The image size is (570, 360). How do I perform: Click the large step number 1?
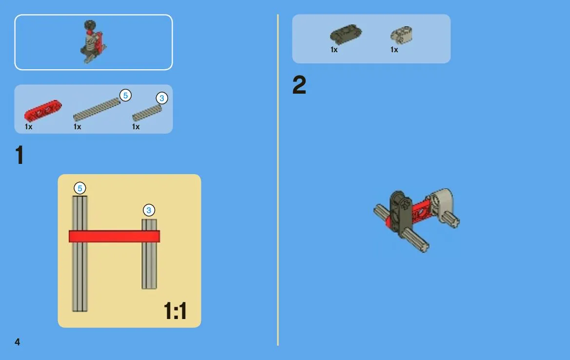point(20,155)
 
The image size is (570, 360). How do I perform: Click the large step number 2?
point(299,85)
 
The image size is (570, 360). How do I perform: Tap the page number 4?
point(17,342)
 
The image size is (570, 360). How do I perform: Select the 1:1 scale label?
point(175,311)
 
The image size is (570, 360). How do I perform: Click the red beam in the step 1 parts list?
point(43,110)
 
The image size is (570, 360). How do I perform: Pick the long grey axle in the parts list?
point(97,109)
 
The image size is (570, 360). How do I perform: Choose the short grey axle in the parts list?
point(147,113)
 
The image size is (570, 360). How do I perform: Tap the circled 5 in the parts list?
point(125,96)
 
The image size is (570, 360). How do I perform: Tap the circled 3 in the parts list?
point(162,98)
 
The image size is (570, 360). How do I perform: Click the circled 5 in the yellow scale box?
point(80,188)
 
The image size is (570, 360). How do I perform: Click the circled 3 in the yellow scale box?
point(149,210)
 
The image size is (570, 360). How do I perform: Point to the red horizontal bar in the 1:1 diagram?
point(114,237)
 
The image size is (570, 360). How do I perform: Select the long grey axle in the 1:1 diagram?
point(79,254)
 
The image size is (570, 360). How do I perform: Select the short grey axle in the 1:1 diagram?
point(149,254)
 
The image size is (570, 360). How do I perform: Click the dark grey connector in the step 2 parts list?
point(346,35)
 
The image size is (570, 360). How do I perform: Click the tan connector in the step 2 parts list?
point(401,35)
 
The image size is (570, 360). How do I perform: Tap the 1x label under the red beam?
point(29,126)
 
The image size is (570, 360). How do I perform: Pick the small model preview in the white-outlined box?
point(93,42)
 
